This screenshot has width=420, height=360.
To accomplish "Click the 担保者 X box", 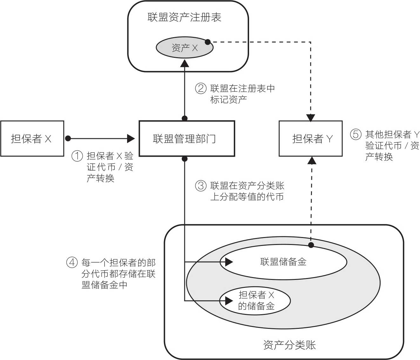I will (x=32, y=139).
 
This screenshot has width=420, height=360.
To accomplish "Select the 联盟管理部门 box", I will (x=187, y=139).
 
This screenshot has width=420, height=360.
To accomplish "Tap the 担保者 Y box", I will (x=310, y=139).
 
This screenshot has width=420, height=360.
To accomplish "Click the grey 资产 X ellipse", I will (x=184, y=48).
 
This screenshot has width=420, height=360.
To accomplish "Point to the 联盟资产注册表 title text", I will (x=184, y=17).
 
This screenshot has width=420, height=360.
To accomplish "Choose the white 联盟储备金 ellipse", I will (x=283, y=262).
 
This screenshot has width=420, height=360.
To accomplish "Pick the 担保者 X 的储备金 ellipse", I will (x=255, y=301).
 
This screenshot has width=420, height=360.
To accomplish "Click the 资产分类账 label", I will (x=289, y=345).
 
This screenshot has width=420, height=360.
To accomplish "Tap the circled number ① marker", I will (x=77, y=156).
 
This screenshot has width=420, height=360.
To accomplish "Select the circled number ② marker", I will (x=200, y=88).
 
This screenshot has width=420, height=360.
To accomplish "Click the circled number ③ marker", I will (x=200, y=186).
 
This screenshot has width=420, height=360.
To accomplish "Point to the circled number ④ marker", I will (x=72, y=262).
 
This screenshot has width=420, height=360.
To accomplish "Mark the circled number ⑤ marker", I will (x=356, y=134).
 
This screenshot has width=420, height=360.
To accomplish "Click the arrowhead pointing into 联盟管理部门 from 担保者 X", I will (x=131, y=139).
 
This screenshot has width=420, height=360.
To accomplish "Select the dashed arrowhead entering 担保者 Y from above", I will (x=310, y=118).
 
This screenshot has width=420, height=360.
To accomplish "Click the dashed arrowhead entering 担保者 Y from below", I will (x=312, y=160).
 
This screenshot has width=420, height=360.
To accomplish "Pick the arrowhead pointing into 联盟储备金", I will (x=229, y=262).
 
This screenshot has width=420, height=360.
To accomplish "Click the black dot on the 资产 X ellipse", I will (x=208, y=42).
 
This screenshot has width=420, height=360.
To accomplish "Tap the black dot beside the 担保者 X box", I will (x=68, y=139).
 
